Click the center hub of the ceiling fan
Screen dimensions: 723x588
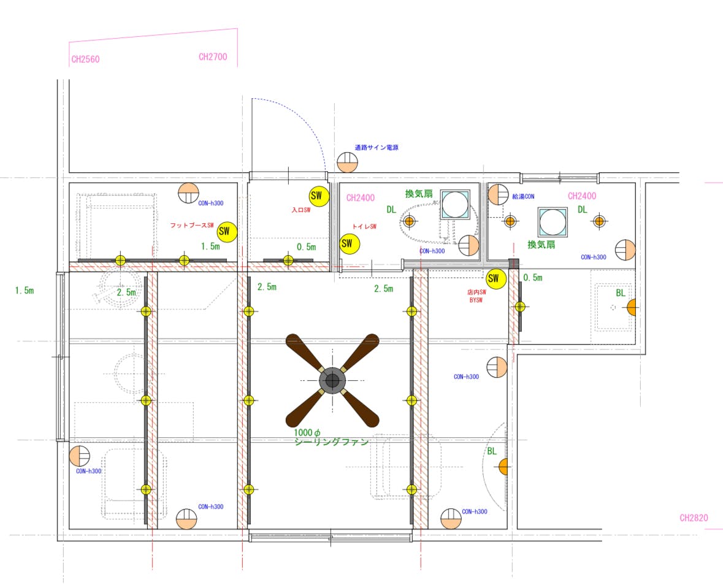point(332,381)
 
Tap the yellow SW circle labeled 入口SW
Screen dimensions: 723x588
point(318,196)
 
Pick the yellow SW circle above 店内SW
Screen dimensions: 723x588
point(495,278)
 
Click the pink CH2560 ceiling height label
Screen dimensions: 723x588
point(85,59)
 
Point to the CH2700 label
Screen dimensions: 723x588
point(213,57)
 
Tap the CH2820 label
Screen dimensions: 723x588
point(694,517)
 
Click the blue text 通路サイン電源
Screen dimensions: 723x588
point(377,148)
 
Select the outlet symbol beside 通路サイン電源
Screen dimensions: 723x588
point(348,162)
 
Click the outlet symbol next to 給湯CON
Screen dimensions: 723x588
point(499,194)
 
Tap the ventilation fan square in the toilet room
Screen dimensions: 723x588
point(455,204)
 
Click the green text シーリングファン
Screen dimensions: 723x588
point(332,442)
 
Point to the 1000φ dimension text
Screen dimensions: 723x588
point(307,433)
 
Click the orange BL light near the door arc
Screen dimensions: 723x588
point(503,467)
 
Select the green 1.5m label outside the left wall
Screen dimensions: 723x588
point(25,291)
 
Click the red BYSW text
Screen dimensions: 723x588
point(476,300)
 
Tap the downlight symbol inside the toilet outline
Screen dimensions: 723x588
point(409,222)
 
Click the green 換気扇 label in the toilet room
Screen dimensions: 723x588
point(419,194)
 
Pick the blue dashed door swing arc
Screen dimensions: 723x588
point(304,115)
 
